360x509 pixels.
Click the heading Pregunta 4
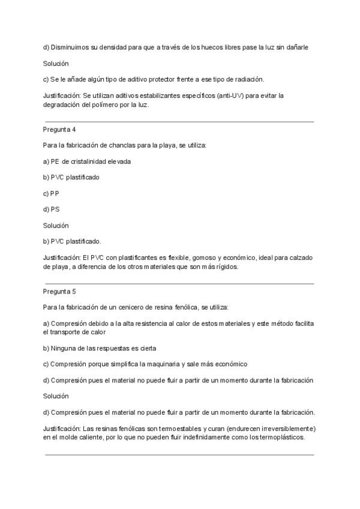(59, 129)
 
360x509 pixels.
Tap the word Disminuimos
(70, 47)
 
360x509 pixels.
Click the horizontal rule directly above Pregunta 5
(180, 284)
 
